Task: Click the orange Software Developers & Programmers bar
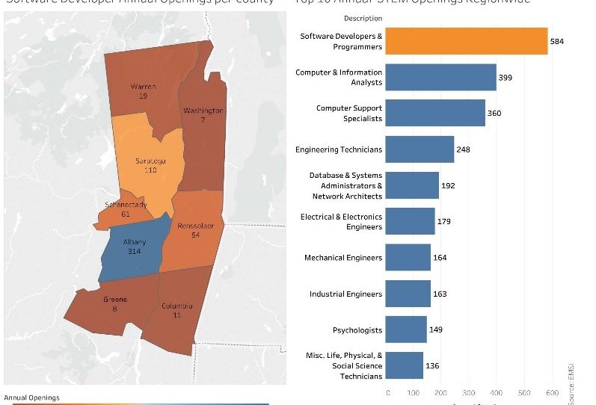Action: point(467,41)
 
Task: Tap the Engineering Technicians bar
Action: point(420,149)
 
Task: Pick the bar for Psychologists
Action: point(407,330)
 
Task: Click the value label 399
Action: point(505,77)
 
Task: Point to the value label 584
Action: point(556,41)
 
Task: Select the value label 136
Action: point(431,365)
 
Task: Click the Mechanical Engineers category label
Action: point(343,258)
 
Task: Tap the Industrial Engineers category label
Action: point(345,294)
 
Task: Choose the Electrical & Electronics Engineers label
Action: point(341,221)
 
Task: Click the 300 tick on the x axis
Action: point(469,392)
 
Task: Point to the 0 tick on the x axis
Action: point(387,392)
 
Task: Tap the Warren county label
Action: point(143,87)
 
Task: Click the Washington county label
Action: point(203,111)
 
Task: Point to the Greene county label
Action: point(114,300)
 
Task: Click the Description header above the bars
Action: point(363,18)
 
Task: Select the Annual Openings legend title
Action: point(31,398)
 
